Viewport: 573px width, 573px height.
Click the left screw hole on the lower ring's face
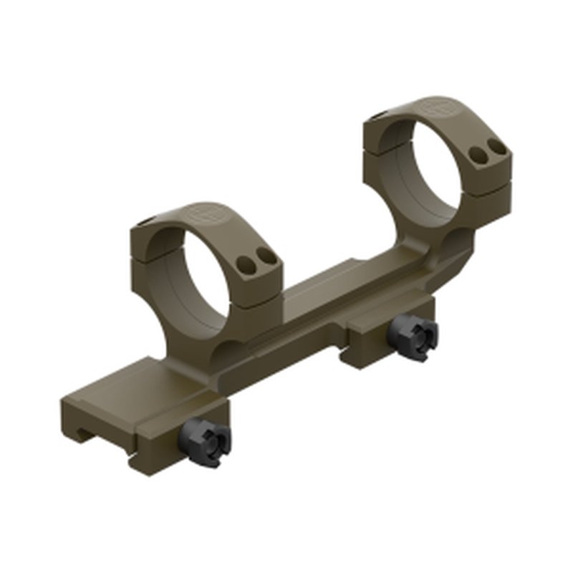pos(251,262)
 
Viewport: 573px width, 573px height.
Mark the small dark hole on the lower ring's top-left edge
pos(147,221)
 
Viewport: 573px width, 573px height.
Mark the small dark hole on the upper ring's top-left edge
pos(380,112)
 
